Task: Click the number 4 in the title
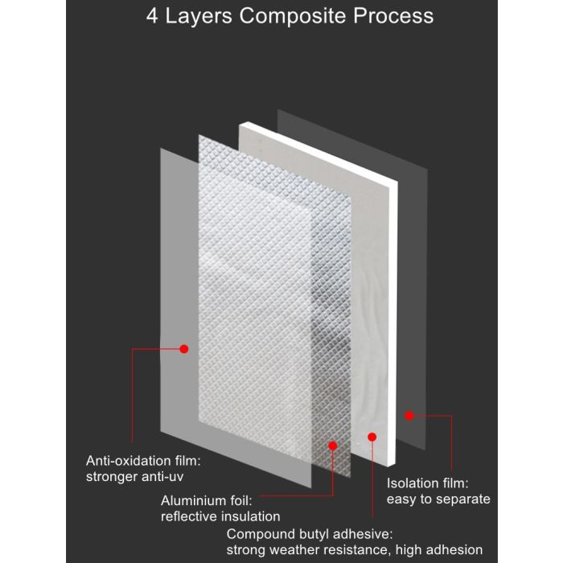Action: (x=152, y=16)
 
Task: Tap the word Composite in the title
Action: (x=292, y=17)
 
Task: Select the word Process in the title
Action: (x=393, y=16)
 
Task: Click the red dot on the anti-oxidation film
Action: (x=184, y=348)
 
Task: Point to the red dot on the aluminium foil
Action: (x=333, y=446)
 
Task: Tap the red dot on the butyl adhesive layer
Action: (x=372, y=437)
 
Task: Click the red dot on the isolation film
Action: (x=409, y=416)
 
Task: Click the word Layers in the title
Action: (x=199, y=17)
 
